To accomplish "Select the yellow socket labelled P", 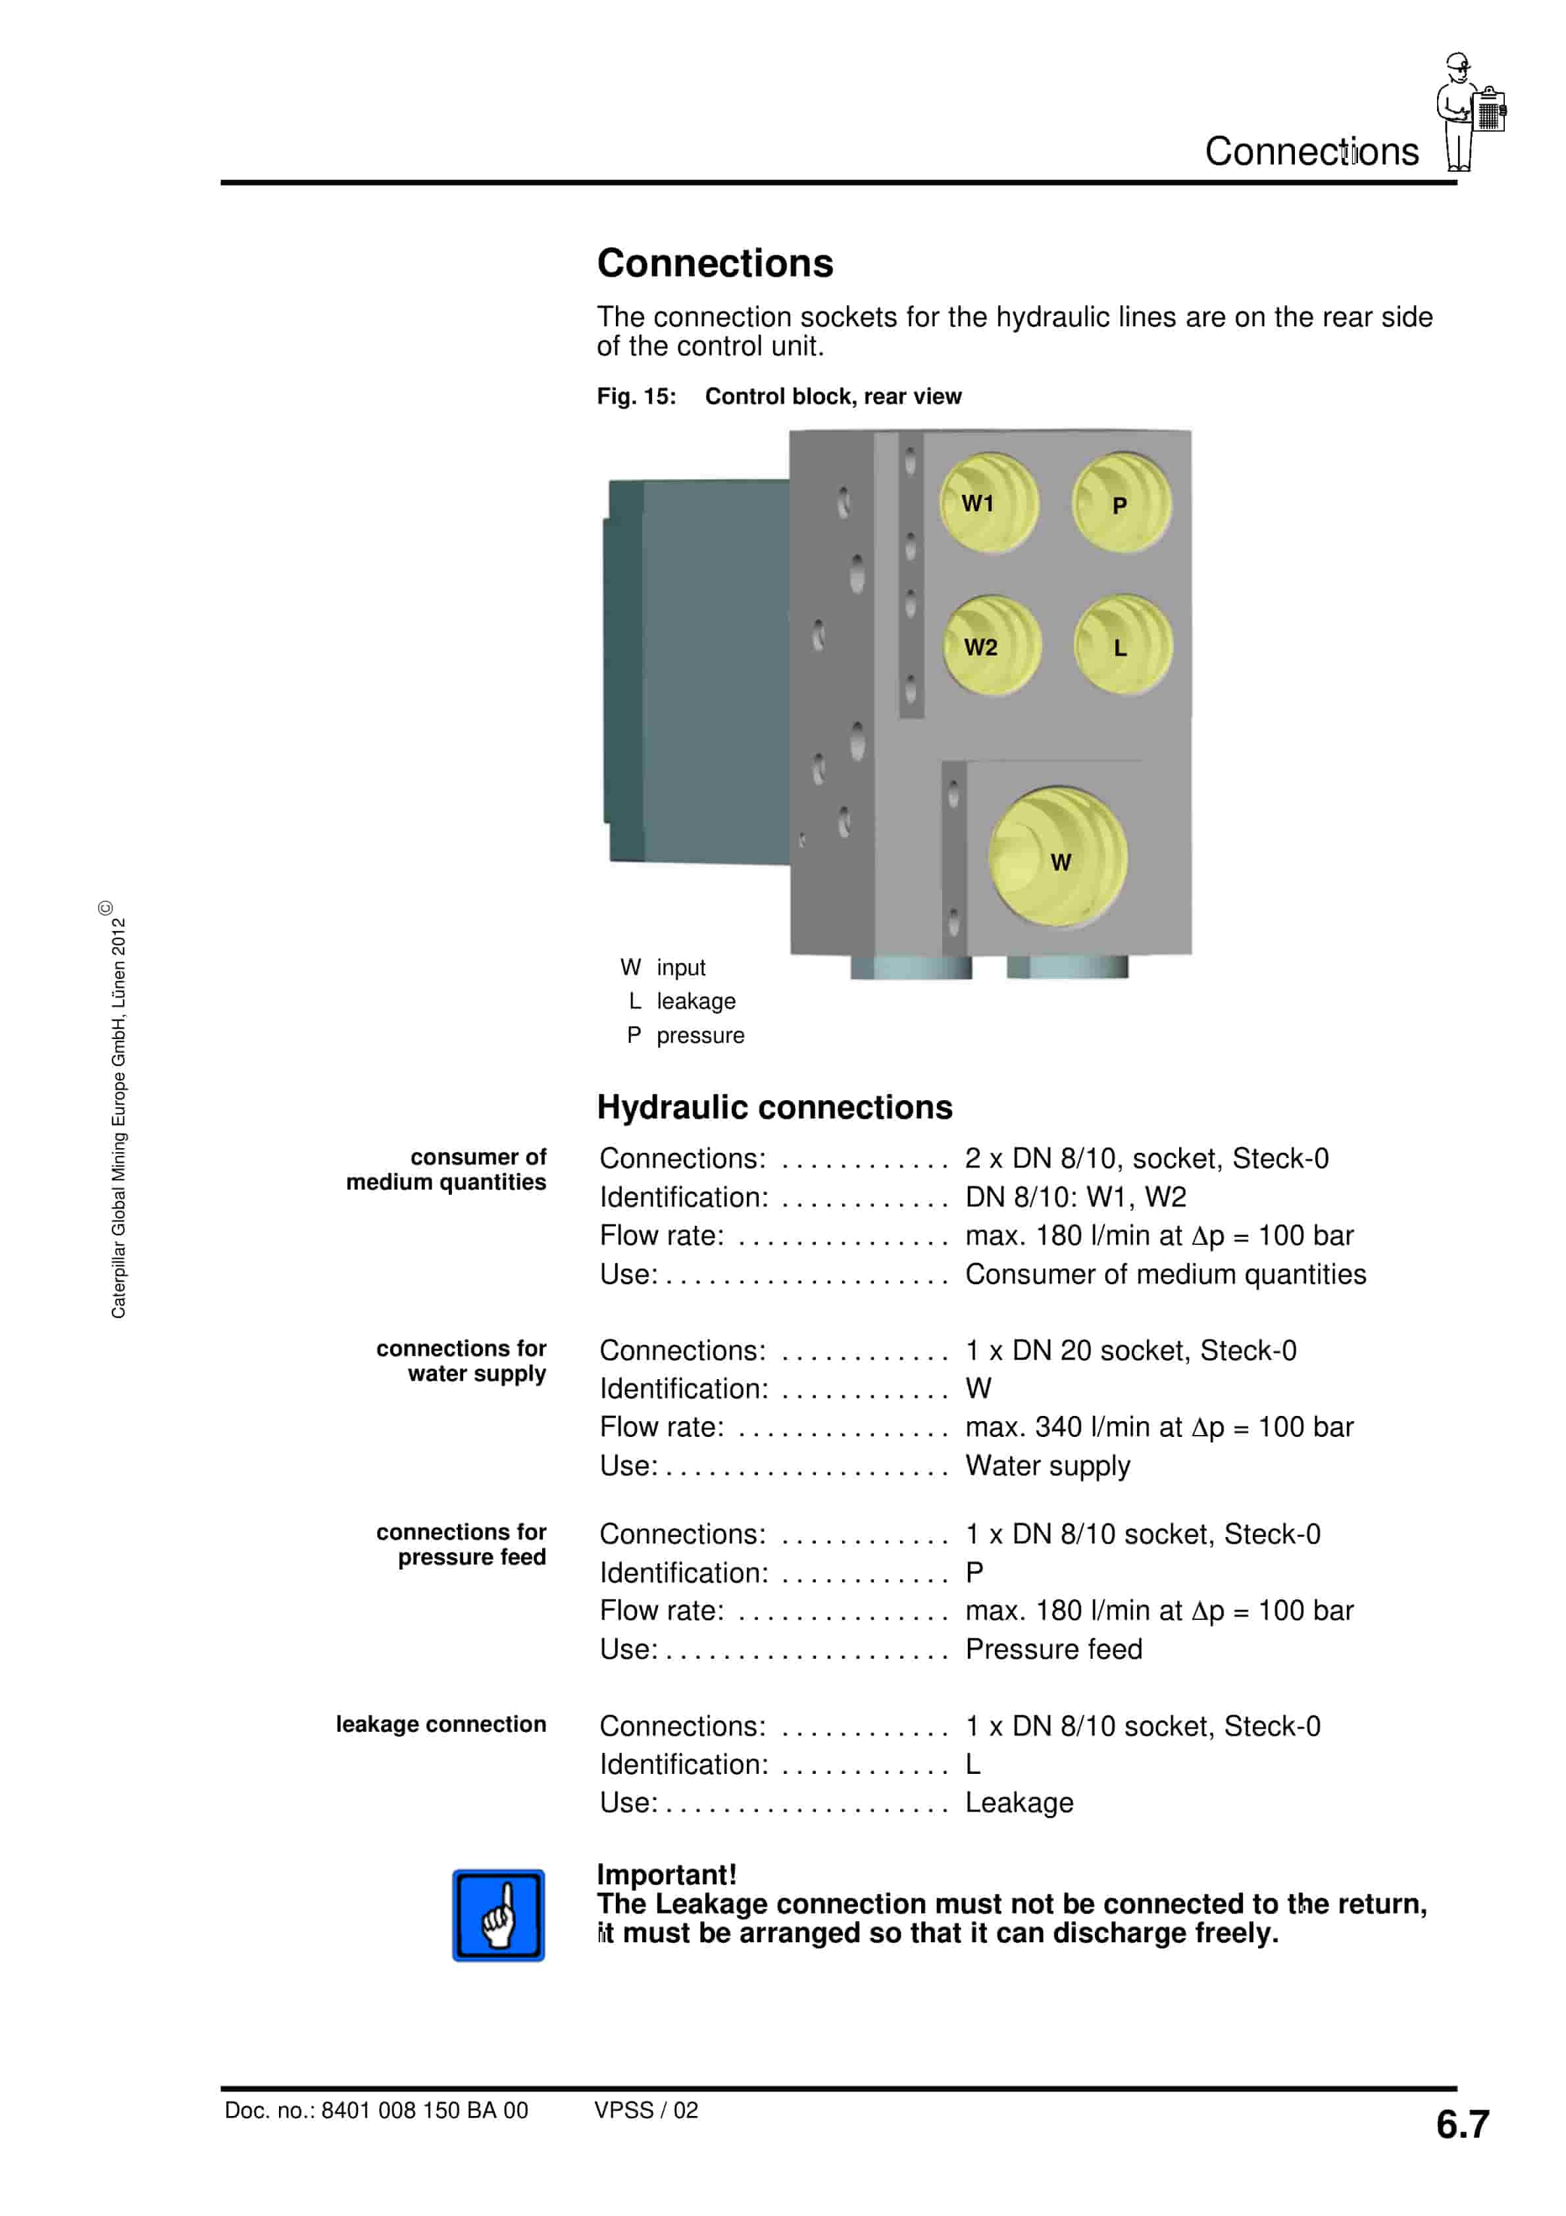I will point(1122,504).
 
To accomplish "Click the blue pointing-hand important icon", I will point(498,1915).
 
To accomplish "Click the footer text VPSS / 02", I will point(646,2110).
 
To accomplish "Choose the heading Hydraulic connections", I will point(774,1107).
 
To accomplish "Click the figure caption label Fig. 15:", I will point(636,397).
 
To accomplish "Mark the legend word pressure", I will point(700,1036).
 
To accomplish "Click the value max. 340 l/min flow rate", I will point(1159,1426).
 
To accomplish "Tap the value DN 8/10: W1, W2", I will point(1076,1197).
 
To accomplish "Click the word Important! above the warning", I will point(666,1875).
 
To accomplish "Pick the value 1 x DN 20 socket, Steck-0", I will point(1130,1350).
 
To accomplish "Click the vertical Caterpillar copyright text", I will point(118,1110).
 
